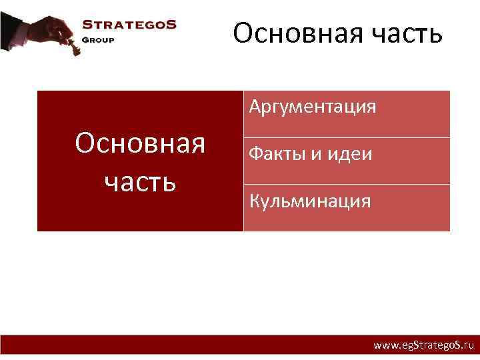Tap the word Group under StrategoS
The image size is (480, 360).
(x=98, y=39)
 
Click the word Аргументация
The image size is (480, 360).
(x=313, y=107)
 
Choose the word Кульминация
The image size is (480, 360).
(x=310, y=201)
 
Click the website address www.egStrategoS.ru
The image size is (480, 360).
(x=423, y=346)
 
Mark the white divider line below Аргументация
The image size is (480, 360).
(x=347, y=137)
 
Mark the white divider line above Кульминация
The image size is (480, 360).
(x=347, y=184)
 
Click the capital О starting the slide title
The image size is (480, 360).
(x=243, y=33)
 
